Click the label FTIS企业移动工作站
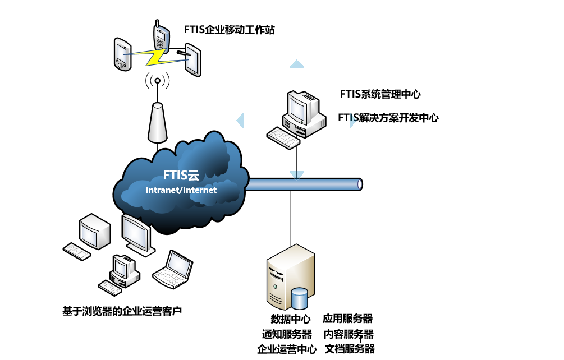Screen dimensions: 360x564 pyautogui.click(x=229, y=30)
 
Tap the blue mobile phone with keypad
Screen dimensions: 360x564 pyautogui.click(x=161, y=36)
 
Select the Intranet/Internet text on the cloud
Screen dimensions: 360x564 pyautogui.click(x=181, y=190)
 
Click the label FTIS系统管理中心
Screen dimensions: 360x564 pyautogui.click(x=380, y=94)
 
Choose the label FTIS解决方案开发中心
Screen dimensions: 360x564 pyautogui.click(x=388, y=118)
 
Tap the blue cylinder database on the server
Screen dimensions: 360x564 pyautogui.click(x=299, y=298)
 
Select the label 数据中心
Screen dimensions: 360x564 pyautogui.click(x=290, y=319)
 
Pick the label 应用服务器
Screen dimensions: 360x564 pyautogui.click(x=348, y=319)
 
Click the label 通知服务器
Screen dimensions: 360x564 pyautogui.click(x=287, y=334)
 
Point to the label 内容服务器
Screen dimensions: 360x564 pyautogui.click(x=349, y=334)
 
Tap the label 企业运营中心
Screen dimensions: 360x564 pyautogui.click(x=286, y=349)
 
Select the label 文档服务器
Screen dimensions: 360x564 pyautogui.click(x=349, y=349)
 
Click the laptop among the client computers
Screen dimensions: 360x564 pyautogui.click(x=173, y=270)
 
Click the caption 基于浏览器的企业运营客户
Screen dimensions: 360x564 pyautogui.click(x=122, y=310)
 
